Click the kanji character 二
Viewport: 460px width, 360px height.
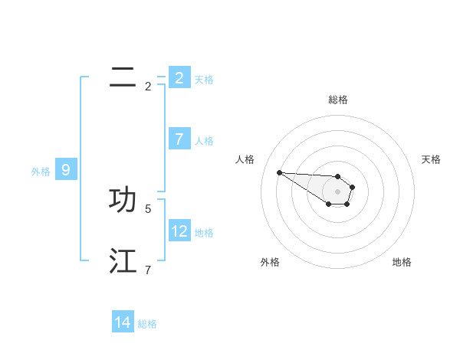tap(123, 77)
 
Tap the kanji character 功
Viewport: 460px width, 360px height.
tap(123, 200)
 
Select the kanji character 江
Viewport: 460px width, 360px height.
tap(123, 261)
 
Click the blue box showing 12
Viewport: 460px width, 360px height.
tap(179, 231)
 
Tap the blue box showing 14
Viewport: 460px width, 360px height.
tap(123, 322)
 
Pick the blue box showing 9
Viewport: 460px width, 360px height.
tap(66, 170)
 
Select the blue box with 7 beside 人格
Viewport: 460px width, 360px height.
tap(179, 139)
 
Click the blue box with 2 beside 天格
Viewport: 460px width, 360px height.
tap(179, 77)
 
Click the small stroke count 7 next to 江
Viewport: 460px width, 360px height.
tap(148, 270)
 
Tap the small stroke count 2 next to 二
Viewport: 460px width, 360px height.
tap(148, 86)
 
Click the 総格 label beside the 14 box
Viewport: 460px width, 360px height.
tap(147, 324)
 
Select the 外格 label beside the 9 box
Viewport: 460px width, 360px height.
tap(41, 172)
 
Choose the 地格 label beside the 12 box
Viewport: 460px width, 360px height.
tap(204, 233)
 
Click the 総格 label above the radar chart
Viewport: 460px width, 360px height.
tap(338, 100)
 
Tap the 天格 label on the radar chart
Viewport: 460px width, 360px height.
tap(432, 159)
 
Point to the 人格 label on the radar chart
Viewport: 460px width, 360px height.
tap(245, 159)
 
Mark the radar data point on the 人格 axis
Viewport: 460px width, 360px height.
tap(279, 172)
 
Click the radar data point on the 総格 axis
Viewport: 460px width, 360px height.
tap(338, 176)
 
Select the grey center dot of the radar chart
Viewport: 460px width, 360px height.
tap(338, 191)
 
